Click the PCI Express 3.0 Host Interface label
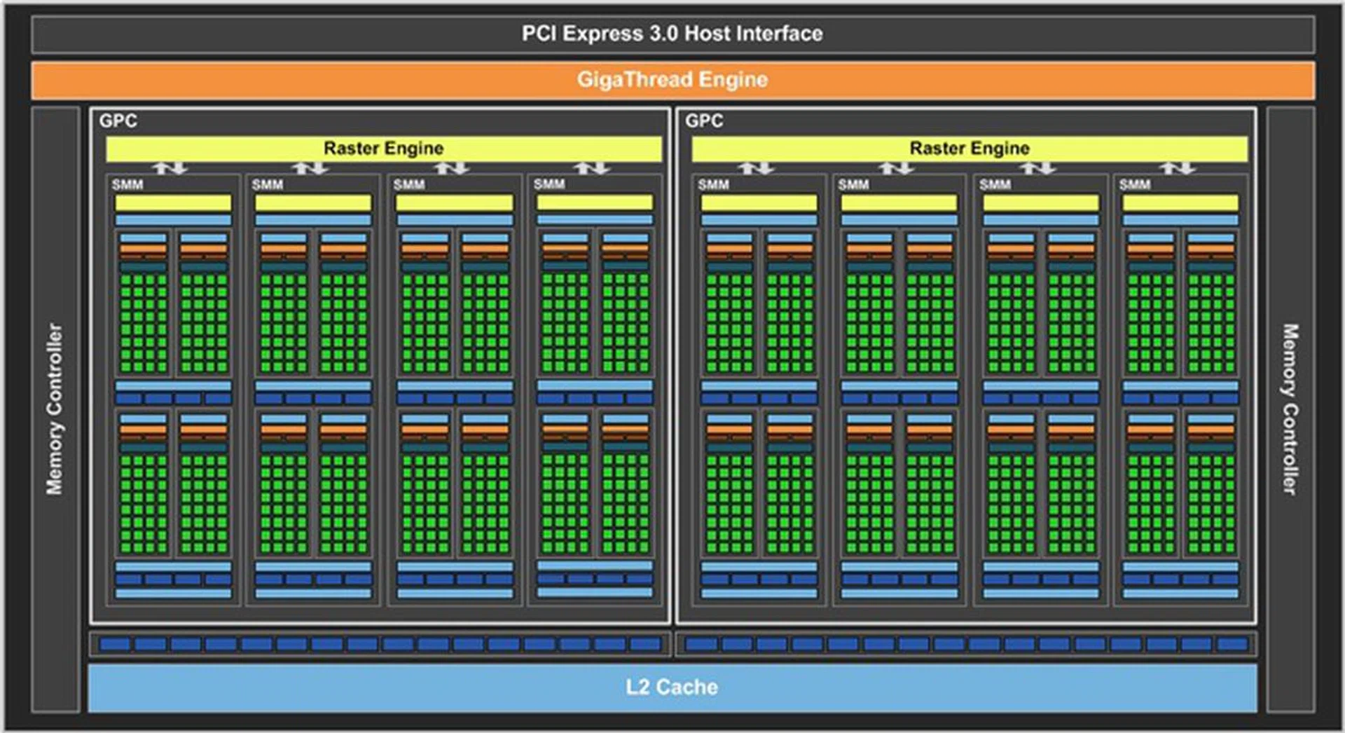coord(672,34)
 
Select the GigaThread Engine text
coord(672,80)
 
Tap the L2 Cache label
coord(672,687)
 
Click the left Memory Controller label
coord(55,409)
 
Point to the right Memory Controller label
coord(1290,409)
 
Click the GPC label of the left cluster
coord(118,121)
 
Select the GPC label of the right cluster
coord(704,121)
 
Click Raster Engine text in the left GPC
coord(383,149)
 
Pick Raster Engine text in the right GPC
coord(970,149)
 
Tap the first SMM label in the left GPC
coord(127,185)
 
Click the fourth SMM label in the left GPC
coord(549,184)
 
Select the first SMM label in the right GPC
coord(713,185)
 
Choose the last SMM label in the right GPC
coord(1135,185)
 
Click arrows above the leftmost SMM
coord(171,168)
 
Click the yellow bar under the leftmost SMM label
coord(173,203)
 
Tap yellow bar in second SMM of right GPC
coord(899,203)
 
